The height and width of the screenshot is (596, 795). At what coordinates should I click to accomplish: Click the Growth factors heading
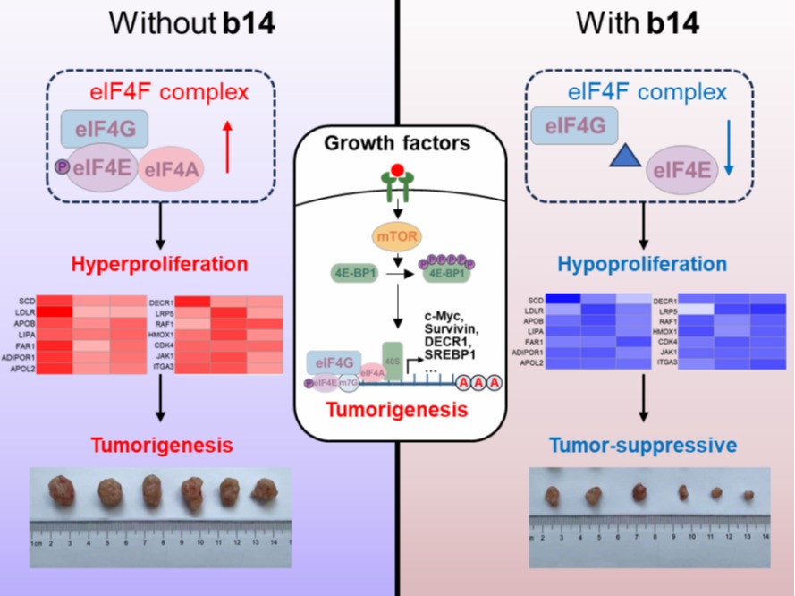pyautogui.click(x=397, y=142)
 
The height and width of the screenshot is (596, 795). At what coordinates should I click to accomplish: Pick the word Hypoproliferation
pyautogui.click(x=643, y=264)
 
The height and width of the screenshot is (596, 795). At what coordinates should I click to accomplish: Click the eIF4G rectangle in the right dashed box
pyautogui.click(x=565, y=124)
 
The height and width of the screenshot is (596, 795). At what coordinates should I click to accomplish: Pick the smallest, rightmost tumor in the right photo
pyautogui.click(x=748, y=494)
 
